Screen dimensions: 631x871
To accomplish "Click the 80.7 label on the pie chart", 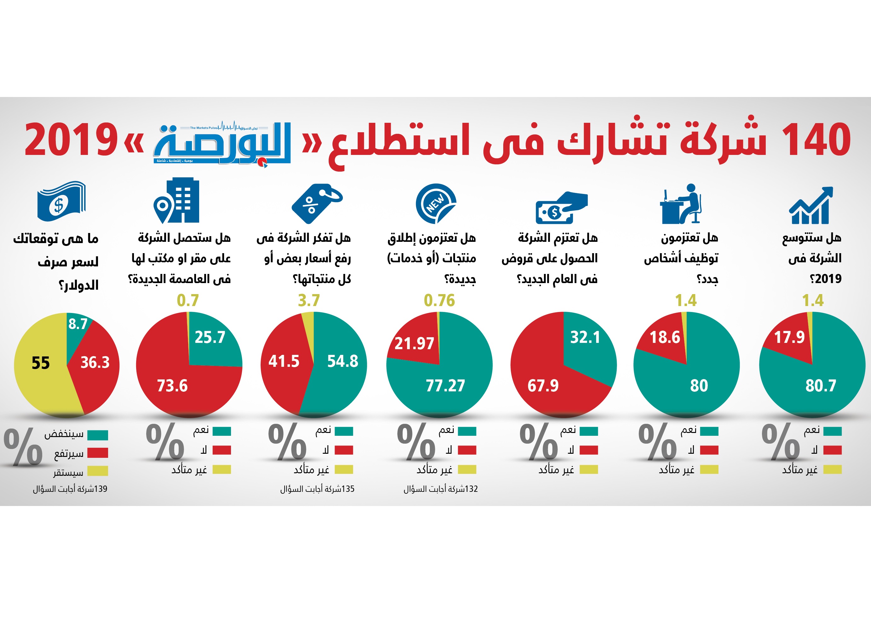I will point(821,385).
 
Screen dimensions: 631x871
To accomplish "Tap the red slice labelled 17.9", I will point(789,337).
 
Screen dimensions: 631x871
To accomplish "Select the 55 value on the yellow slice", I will point(40,363).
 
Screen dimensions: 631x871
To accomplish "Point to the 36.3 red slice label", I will point(95,362).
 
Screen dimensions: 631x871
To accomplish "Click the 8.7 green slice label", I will point(78,324).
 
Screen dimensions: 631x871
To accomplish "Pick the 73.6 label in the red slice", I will point(172,386).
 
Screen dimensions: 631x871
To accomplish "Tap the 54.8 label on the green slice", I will point(342,361).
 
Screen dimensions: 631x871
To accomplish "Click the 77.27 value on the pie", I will point(445,386).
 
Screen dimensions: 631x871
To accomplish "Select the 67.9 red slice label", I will point(543,386).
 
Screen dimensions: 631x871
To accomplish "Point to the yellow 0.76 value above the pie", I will point(439,300).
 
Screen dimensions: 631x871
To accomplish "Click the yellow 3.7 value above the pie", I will point(309,300).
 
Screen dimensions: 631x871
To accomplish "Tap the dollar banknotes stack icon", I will point(61,201).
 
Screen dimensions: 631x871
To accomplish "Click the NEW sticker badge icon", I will point(435,203).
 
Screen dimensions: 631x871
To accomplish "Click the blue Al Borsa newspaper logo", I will point(223,144).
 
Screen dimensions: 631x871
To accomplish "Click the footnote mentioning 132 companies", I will point(440,489).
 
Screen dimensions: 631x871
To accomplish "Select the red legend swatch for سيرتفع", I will point(98,453).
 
